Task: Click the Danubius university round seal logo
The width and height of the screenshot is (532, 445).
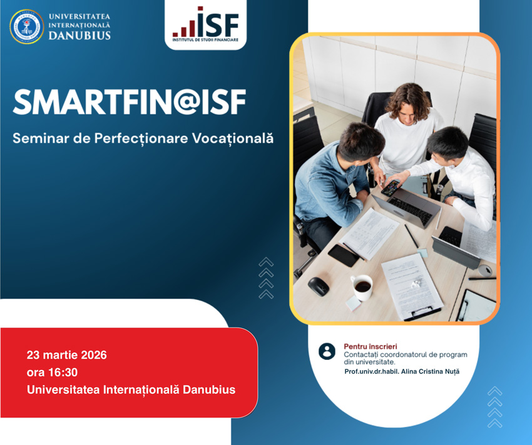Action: point(27,26)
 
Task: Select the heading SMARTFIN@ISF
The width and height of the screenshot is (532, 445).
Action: point(129,102)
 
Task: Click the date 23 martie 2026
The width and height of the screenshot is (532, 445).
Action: point(67,355)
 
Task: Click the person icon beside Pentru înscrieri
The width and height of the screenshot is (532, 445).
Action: point(327,351)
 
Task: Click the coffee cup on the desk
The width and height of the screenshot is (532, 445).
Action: point(362,286)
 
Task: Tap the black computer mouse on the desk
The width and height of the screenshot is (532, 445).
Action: point(319,286)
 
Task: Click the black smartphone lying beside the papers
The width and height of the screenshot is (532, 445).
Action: point(343,254)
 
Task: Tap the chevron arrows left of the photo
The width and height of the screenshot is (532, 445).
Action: point(266,278)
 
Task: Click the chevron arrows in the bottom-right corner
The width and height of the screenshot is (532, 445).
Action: point(494,407)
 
